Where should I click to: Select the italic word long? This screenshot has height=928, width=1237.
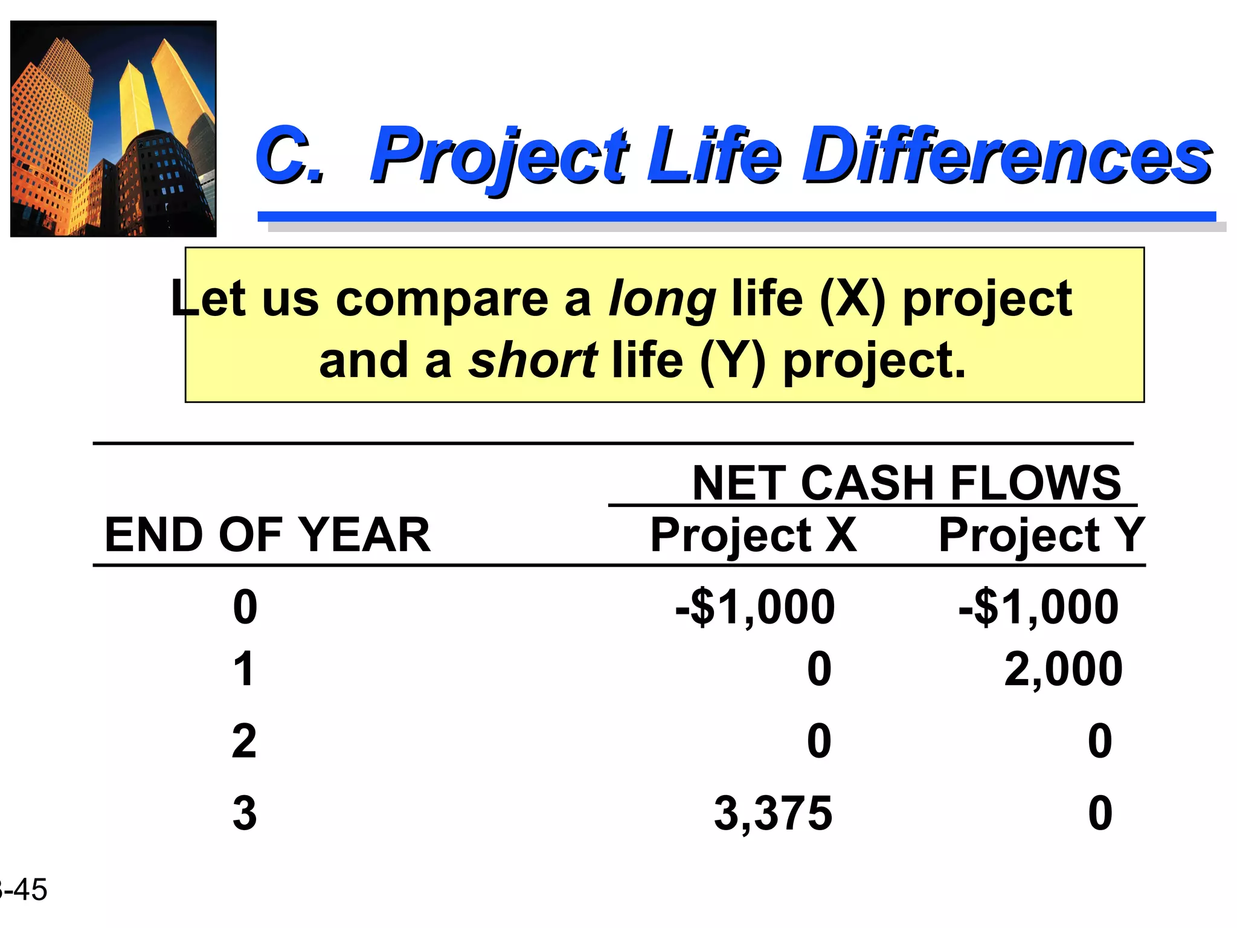coord(662,298)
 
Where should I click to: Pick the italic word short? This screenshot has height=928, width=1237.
coord(533,361)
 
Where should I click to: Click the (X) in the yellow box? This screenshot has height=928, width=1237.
coord(852,298)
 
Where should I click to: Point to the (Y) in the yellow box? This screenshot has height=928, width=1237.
coord(733,361)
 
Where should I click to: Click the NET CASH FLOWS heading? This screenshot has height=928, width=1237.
coord(906,483)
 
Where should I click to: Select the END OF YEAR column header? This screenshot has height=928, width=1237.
coord(268,535)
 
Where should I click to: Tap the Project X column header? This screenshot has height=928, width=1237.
coord(753,535)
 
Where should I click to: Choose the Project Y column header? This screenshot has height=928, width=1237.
coord(1041,535)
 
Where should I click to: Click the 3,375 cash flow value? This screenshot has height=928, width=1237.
coord(773,813)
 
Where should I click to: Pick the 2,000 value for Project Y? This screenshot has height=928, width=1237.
coord(1063,669)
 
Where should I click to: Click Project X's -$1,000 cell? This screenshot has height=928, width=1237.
coord(755,607)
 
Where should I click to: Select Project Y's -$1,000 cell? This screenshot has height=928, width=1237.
coord(1038,607)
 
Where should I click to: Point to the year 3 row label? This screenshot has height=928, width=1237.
coord(245,813)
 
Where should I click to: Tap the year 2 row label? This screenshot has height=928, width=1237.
coord(244,741)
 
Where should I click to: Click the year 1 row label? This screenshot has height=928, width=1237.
coord(244,669)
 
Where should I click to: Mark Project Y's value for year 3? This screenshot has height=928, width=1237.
coord(1100,813)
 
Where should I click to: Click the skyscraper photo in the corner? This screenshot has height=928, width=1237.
coord(114,129)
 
